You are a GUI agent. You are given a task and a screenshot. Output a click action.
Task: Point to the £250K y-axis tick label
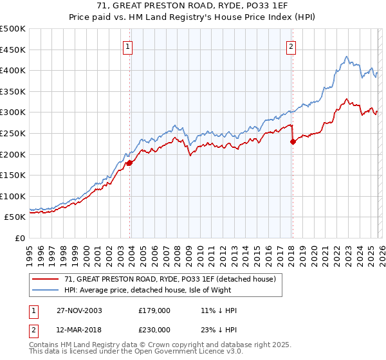tap(13, 133)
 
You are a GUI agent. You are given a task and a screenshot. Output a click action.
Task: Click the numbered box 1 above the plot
tap(129, 46)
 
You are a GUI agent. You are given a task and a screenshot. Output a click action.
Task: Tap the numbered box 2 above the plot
tap(291, 46)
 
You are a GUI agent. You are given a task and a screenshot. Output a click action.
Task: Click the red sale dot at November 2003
tap(130, 163)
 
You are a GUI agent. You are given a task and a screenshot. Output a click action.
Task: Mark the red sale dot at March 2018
tap(293, 142)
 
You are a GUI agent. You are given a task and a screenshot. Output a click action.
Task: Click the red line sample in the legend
tap(46, 279)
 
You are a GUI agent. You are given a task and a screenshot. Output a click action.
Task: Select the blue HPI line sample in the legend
tap(46, 290)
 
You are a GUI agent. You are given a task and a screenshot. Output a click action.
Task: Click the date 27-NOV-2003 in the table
tap(80, 310)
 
